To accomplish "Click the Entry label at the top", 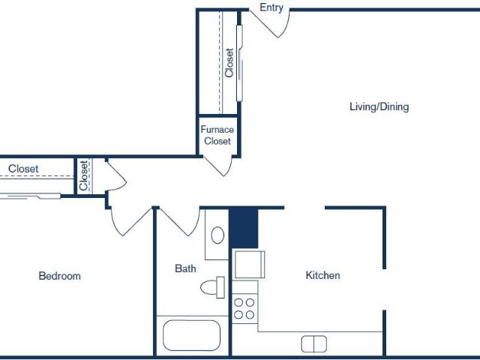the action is pyautogui.click(x=271, y=7).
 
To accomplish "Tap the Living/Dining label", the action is pyautogui.click(x=379, y=106).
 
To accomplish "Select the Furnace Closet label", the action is pyautogui.click(x=217, y=135).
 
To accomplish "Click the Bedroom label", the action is pyautogui.click(x=60, y=276).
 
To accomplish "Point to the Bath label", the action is pyautogui.click(x=185, y=268).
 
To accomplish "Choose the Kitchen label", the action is pyautogui.click(x=322, y=275).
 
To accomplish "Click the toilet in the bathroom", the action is pyautogui.click(x=212, y=287).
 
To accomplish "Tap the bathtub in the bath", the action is pyautogui.click(x=192, y=335).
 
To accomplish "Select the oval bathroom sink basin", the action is pyautogui.click(x=217, y=235).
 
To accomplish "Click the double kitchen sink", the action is pyautogui.click(x=313, y=344).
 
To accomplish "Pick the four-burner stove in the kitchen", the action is pyautogui.click(x=244, y=308).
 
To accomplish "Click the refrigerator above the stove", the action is pyautogui.click(x=250, y=265).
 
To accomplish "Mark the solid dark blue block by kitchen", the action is pyautogui.click(x=244, y=228).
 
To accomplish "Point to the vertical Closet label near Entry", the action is pyautogui.click(x=229, y=63).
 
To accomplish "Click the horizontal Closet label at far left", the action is pyautogui.click(x=23, y=169).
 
